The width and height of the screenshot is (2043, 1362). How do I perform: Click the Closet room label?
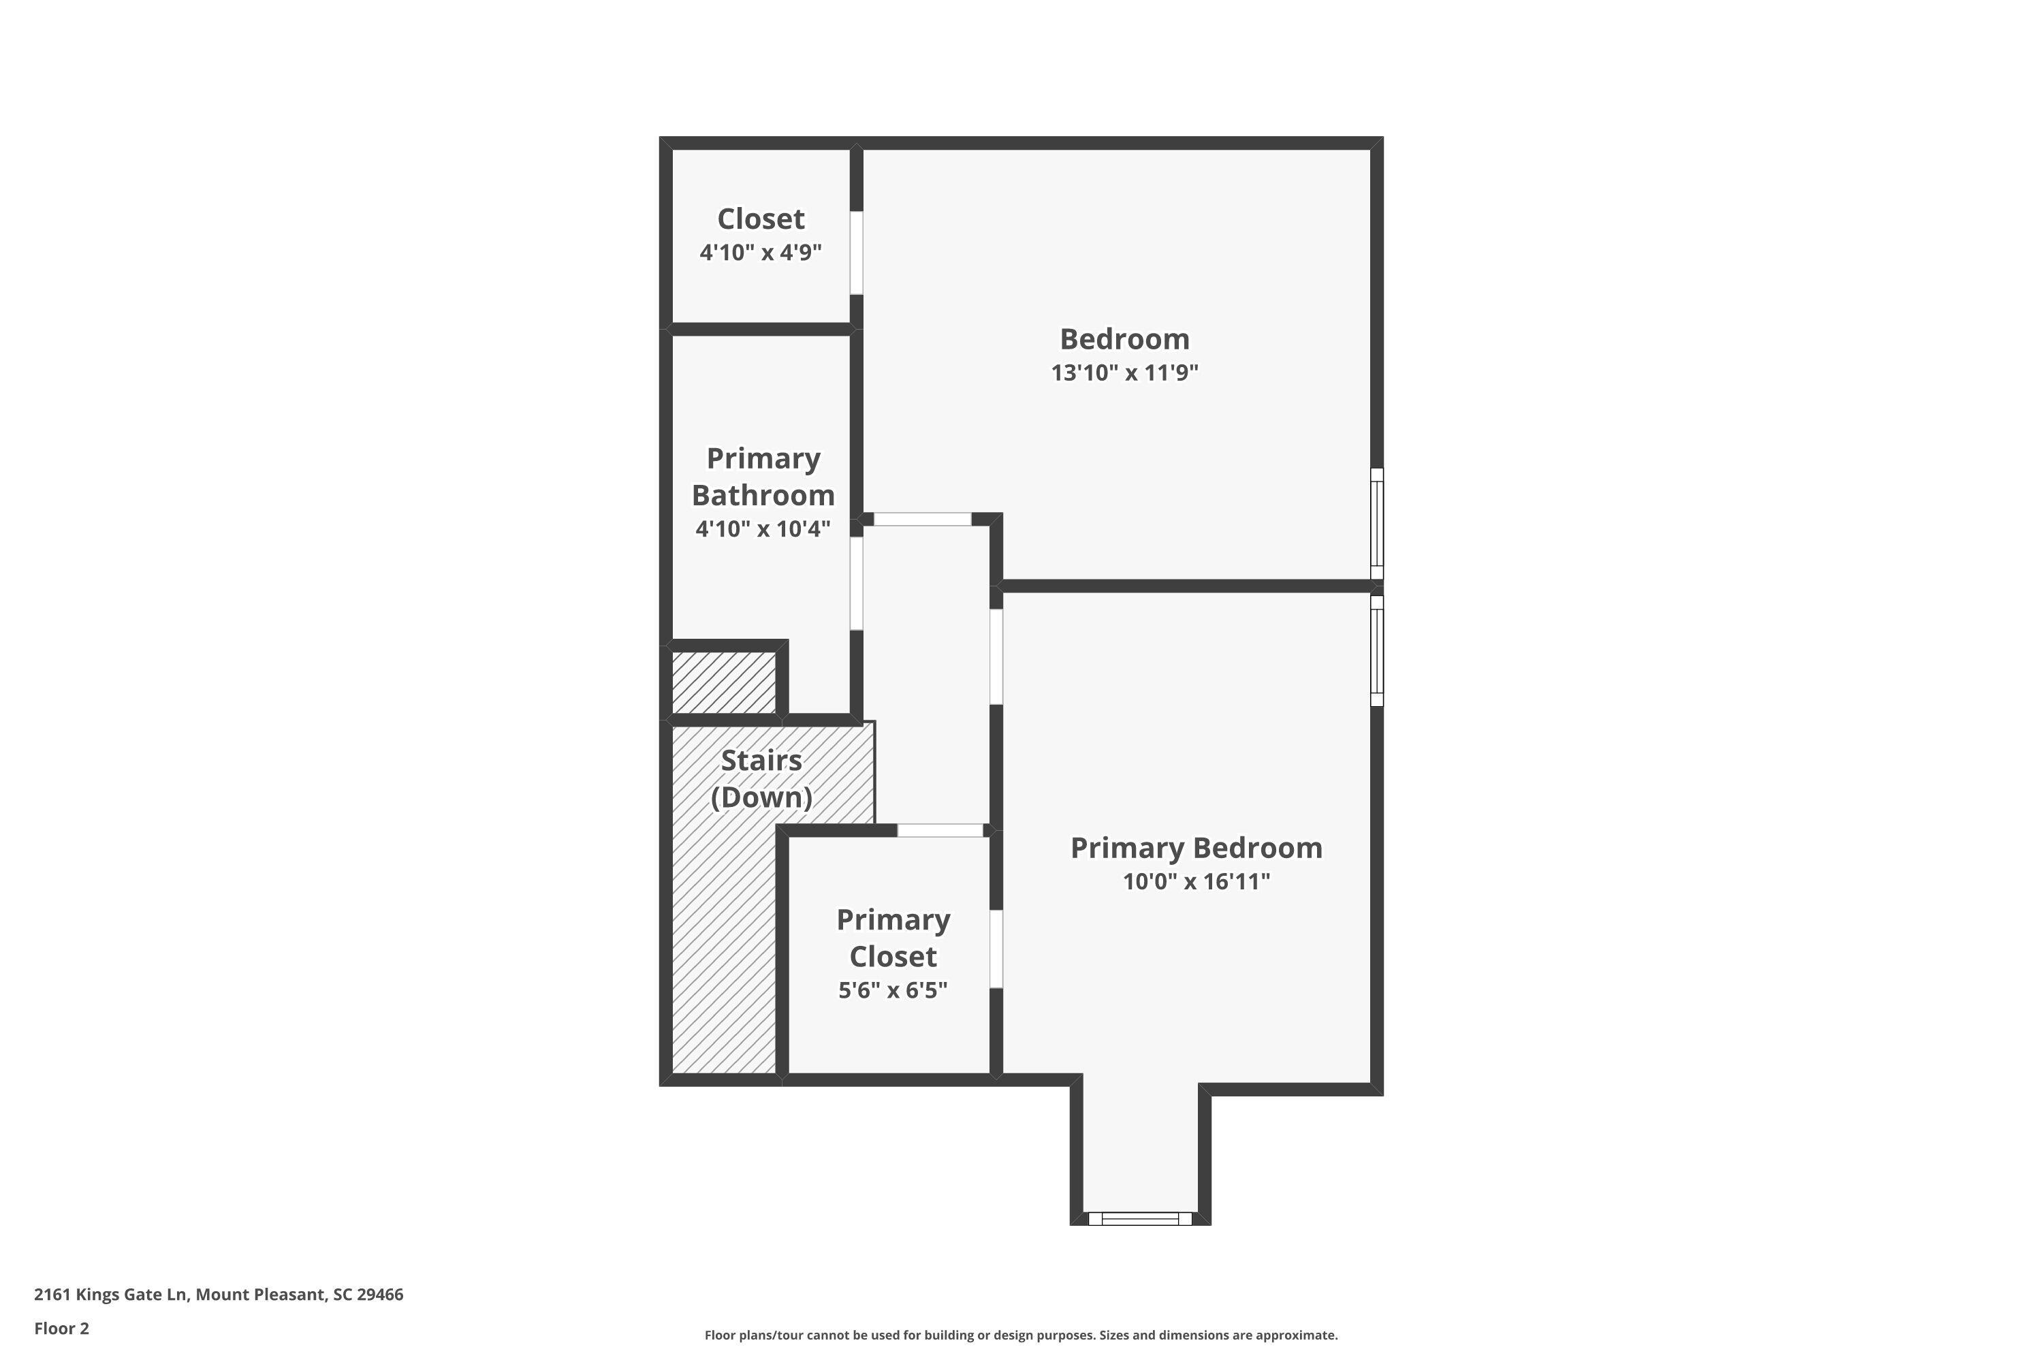pos(760,219)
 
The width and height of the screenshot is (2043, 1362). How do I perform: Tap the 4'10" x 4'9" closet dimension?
pos(760,253)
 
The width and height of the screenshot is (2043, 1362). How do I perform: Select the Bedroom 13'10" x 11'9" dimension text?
pos(1124,373)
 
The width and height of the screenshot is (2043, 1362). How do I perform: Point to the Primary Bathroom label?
pos(763,476)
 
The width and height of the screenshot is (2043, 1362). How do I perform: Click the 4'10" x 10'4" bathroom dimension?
pos(763,528)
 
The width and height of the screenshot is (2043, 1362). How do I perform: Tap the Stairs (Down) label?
pos(761,778)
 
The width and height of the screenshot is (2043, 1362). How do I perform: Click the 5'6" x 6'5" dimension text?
pos(892,990)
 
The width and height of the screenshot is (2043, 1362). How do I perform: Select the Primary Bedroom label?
pos(1195,848)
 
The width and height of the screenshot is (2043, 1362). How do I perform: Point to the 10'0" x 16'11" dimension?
pos(1195,882)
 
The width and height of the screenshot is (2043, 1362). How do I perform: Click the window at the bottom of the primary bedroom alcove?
pos(1139,1219)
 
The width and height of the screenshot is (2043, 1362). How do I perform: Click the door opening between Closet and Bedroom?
pos(857,253)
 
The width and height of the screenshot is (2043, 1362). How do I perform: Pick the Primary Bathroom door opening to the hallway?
pos(857,583)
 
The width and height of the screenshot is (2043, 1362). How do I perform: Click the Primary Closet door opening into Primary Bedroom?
pos(996,949)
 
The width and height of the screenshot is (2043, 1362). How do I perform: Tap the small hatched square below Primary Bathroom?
pos(723,683)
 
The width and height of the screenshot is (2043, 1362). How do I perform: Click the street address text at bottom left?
pos(219,1295)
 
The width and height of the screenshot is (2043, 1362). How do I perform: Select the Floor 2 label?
pos(62,1328)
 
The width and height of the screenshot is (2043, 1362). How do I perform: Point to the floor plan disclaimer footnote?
pos(1021,1335)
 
